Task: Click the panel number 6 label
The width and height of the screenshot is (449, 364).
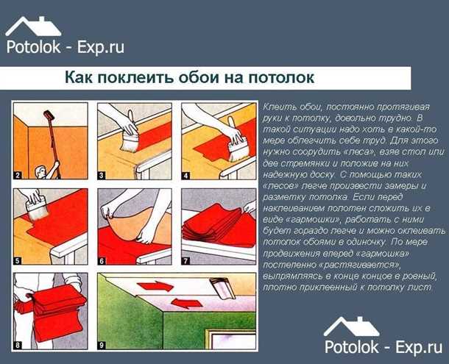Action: point(102,260)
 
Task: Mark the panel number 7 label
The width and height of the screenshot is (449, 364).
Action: point(186,260)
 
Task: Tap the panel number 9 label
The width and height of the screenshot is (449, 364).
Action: point(102,342)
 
